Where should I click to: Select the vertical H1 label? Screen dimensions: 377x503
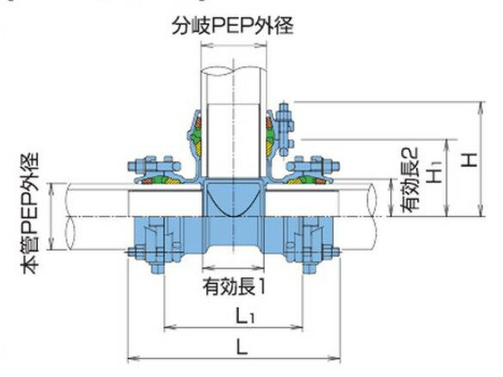click(x=438, y=174)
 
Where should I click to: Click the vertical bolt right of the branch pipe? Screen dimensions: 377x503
click(x=287, y=127)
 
